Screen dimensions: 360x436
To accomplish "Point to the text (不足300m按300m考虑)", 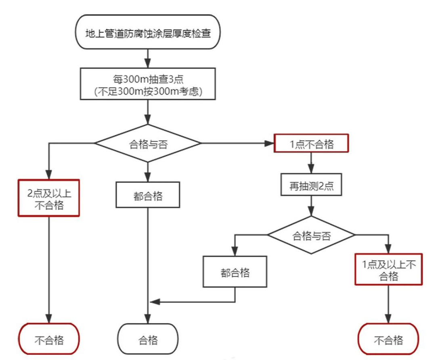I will coord(148,92).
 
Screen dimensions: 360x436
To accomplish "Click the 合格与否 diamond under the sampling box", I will coord(148,143).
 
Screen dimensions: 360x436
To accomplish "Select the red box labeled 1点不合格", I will coord(311,144).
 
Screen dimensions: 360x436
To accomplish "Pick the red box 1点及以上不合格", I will coord(389,270).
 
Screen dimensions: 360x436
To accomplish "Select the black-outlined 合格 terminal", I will coord(148,339).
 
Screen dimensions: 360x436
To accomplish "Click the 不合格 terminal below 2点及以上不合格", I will coord(49,339).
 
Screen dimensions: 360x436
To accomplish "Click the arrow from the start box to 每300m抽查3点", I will coord(148,58).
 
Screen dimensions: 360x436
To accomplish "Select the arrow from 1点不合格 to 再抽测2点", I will coord(311,163).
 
